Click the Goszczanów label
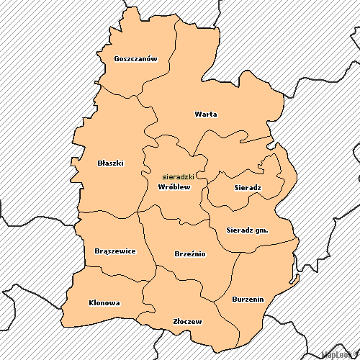point(135,59)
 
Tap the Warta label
point(206,114)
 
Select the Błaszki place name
point(110,163)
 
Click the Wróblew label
point(174,187)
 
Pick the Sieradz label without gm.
point(248,187)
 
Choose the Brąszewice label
point(115,251)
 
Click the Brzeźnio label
point(190,253)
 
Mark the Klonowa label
point(104,302)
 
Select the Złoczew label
point(188,321)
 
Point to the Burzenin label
point(248,298)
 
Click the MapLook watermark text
point(340,355)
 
